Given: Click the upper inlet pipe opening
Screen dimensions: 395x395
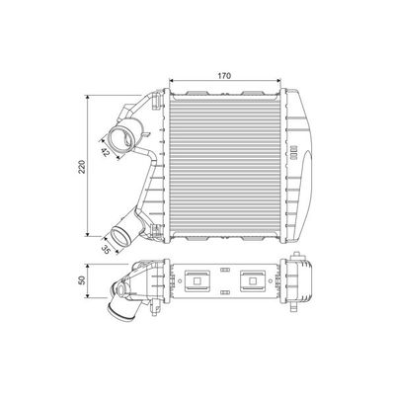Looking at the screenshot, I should (123, 138).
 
